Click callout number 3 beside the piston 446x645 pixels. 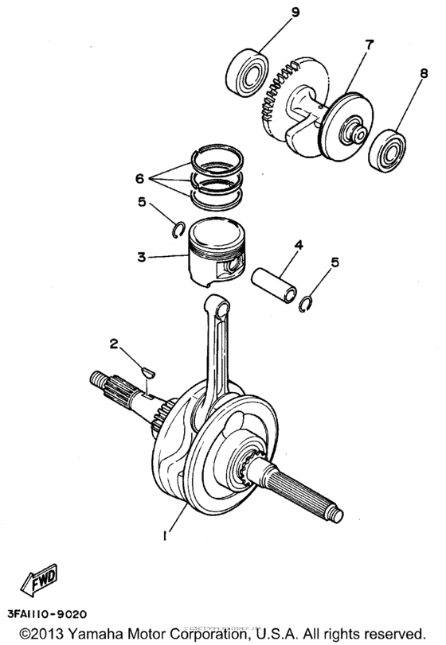coord(140,258)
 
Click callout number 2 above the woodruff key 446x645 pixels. coord(114,344)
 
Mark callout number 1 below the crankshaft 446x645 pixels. coord(165,536)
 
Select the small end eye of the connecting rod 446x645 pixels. coord(217,304)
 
